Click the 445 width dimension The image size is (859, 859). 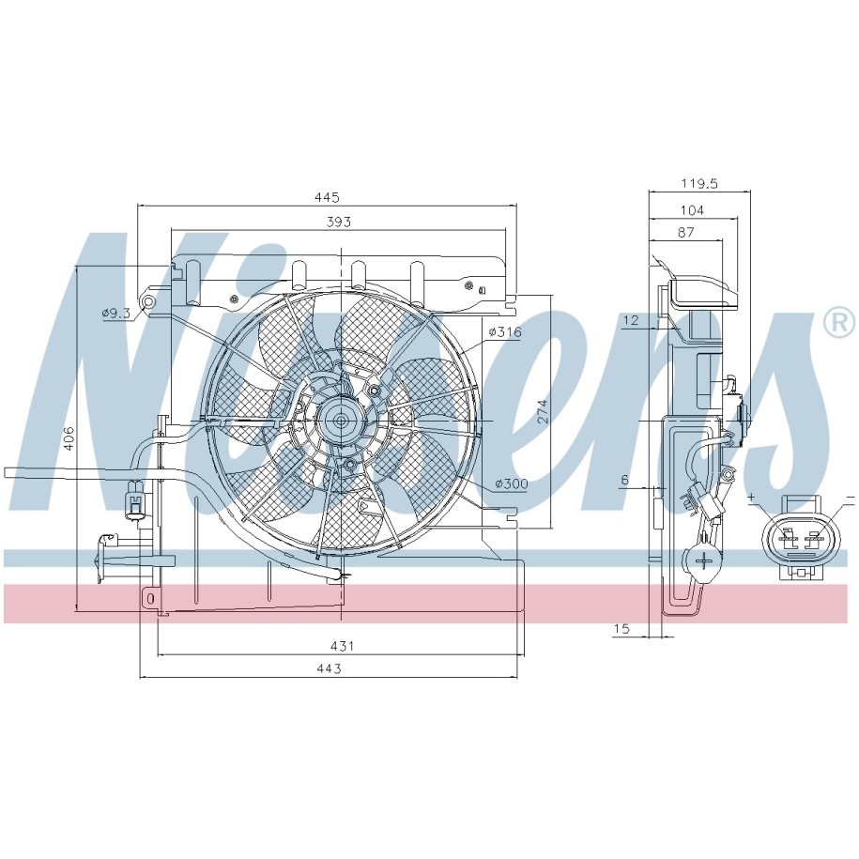[x=327, y=196]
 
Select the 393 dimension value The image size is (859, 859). [x=339, y=222]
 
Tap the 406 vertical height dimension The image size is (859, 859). [x=69, y=438]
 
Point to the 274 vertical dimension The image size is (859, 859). [x=542, y=411]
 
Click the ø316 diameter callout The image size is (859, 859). [x=505, y=332]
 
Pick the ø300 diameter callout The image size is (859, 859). [x=511, y=483]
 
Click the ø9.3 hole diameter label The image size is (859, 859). [x=116, y=314]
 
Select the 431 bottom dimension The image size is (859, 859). [x=342, y=647]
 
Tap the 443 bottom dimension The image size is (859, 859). [x=329, y=669]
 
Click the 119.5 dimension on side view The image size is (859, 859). [x=699, y=183]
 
